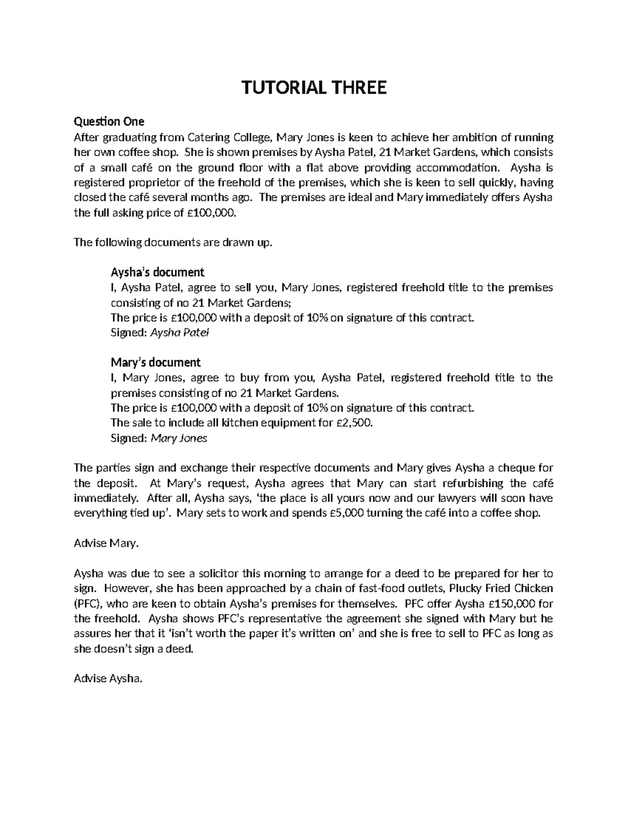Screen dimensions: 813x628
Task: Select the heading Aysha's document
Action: click(157, 272)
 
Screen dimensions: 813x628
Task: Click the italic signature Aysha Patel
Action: click(180, 333)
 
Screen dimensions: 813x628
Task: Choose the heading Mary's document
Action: click(155, 362)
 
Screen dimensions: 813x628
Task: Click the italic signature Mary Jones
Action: click(179, 438)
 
